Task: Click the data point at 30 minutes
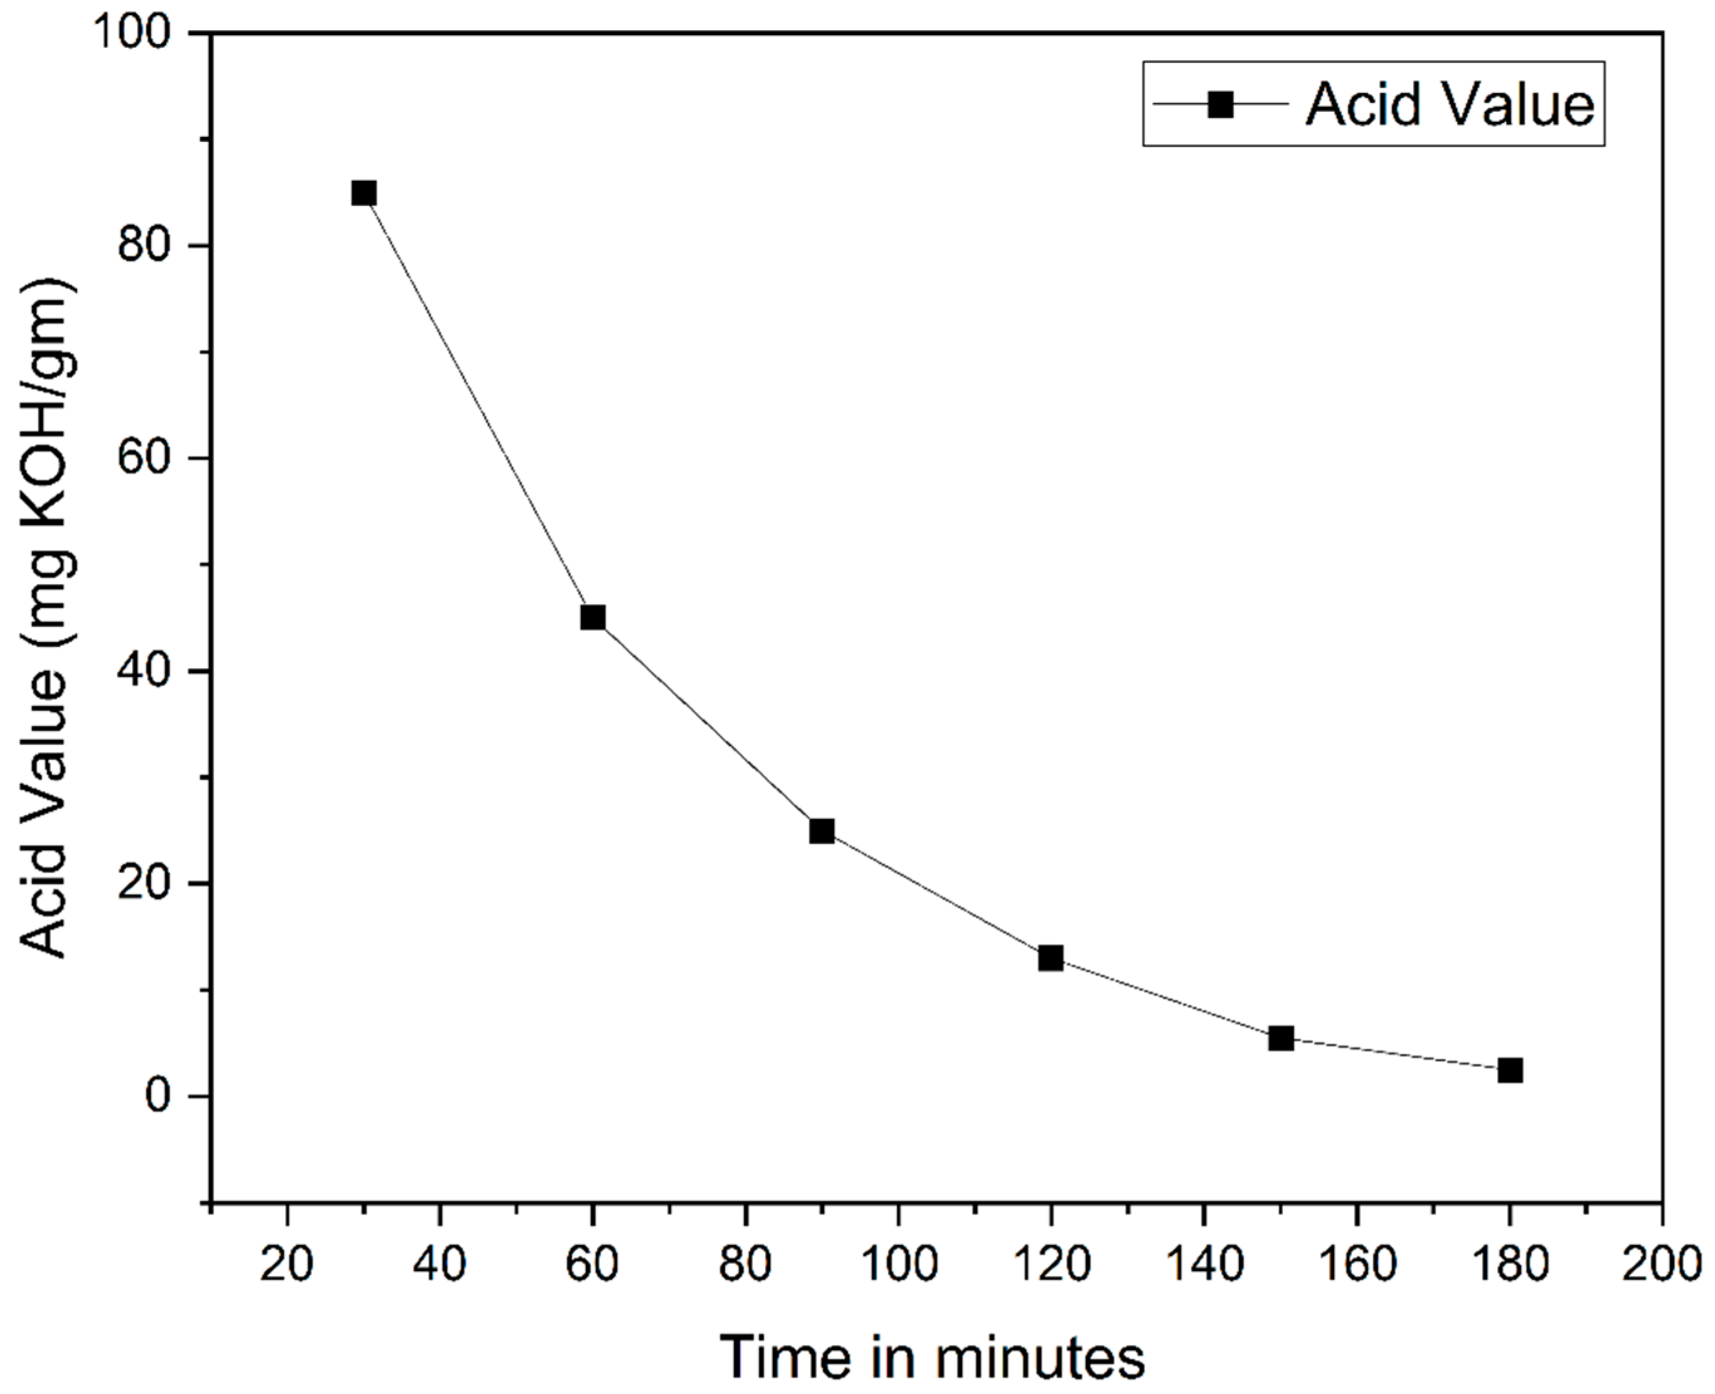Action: [x=364, y=193]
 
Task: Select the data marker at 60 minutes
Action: [x=593, y=617]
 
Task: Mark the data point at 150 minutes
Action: [x=1280, y=1038]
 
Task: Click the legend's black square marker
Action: [x=1220, y=104]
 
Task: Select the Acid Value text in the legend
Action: [x=1450, y=104]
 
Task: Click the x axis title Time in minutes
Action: [x=931, y=1357]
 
